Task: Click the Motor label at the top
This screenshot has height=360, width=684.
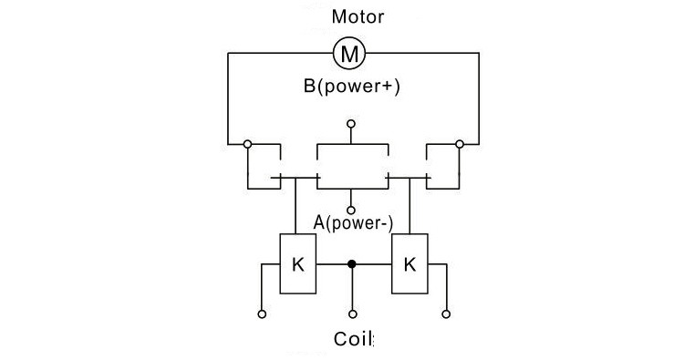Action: (x=358, y=16)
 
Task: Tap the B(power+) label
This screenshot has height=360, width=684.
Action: (x=352, y=86)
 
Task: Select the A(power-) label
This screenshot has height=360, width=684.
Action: (x=353, y=222)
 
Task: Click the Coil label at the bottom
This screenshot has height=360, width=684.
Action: (x=353, y=339)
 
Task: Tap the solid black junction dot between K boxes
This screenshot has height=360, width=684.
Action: (x=352, y=263)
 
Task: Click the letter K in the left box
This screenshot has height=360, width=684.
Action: (x=298, y=264)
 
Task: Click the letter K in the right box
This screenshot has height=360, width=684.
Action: (x=409, y=264)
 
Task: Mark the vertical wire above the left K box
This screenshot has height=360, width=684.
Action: (x=295, y=206)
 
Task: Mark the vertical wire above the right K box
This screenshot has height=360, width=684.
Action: (x=409, y=206)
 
